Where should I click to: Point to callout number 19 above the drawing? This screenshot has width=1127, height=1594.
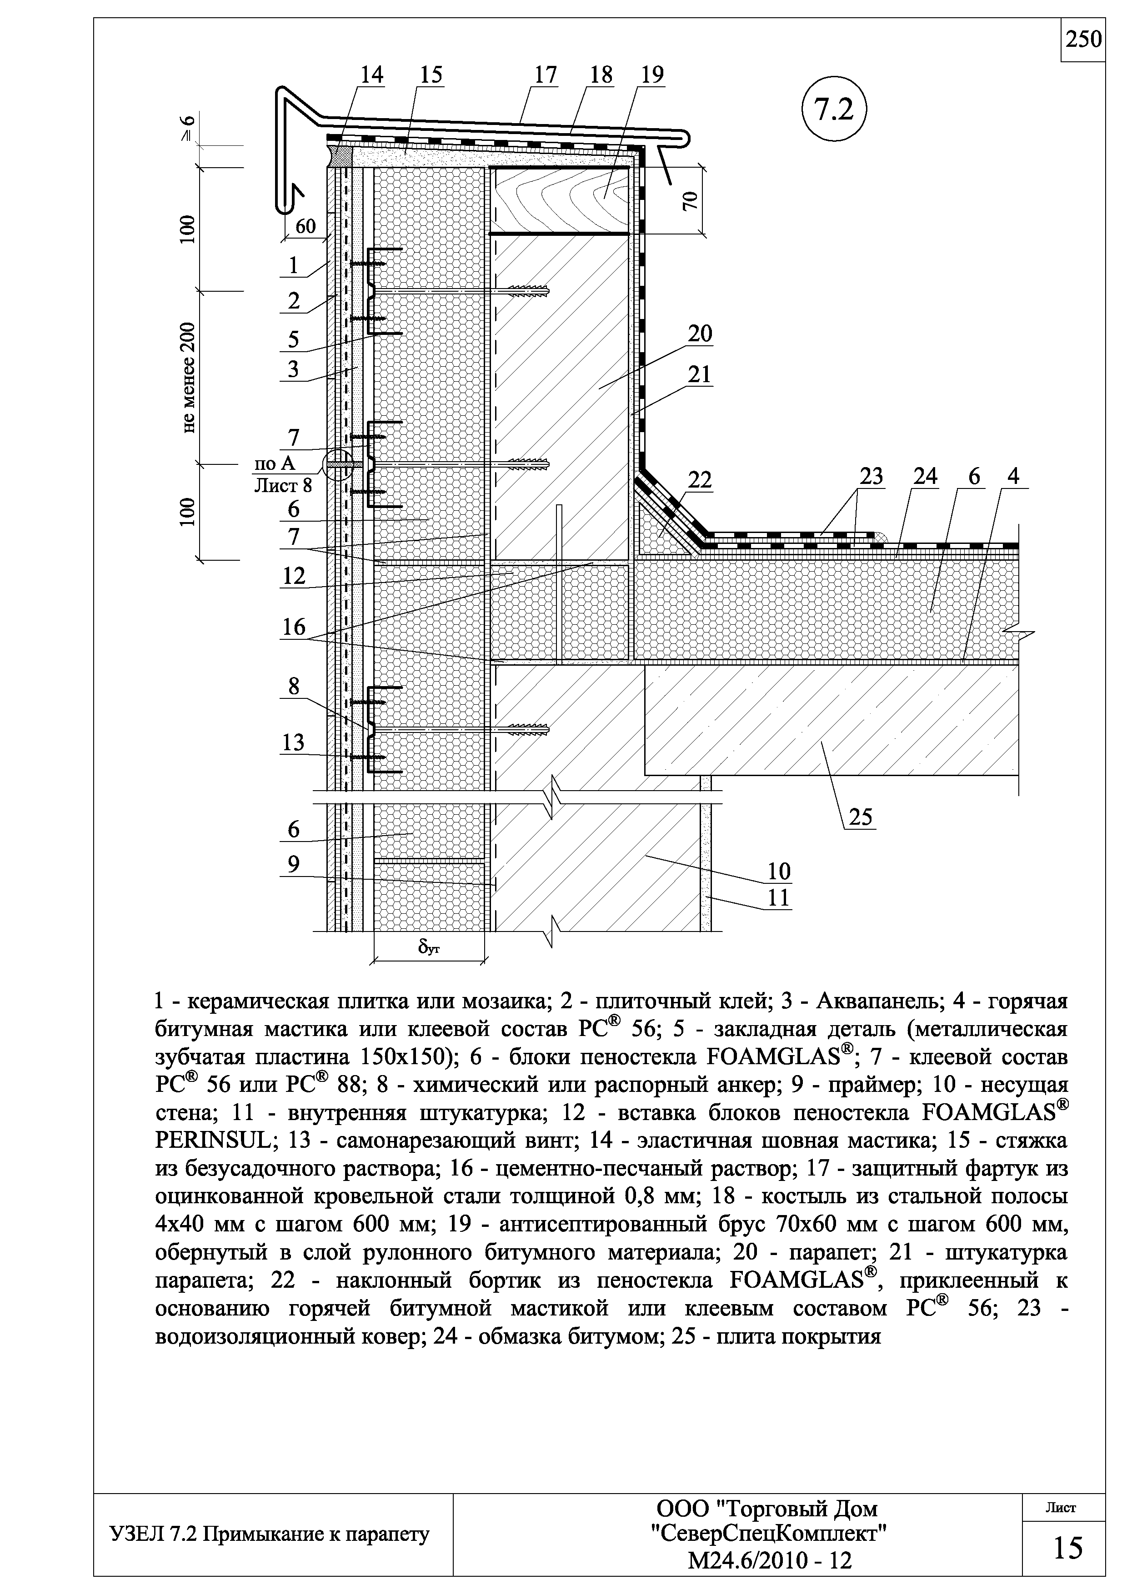click(x=651, y=75)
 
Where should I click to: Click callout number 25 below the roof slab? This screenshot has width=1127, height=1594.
click(x=860, y=818)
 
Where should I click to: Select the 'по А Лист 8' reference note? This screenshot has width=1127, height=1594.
click(x=283, y=475)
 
